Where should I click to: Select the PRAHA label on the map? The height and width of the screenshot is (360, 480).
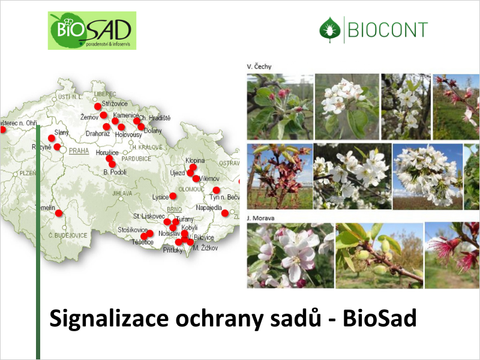coord(79,151)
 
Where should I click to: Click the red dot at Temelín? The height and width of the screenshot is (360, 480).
coord(59,213)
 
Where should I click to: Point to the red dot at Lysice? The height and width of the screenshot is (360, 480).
coord(173,196)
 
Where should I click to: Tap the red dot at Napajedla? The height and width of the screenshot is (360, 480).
coord(225,213)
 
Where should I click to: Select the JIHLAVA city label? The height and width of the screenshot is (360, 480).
coord(122,193)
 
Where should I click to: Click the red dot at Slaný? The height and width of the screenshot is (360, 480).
coord(52,138)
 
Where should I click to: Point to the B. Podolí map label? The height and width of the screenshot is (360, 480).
coord(115,172)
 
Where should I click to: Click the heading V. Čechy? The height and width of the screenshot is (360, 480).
coord(258,66)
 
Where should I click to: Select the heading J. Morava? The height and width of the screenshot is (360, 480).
coord(260,218)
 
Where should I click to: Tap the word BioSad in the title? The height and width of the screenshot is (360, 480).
coord(379,319)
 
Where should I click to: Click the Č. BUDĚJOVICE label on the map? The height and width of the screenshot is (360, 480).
coord(68,235)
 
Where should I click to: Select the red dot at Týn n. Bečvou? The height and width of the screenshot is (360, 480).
coord(217,190)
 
